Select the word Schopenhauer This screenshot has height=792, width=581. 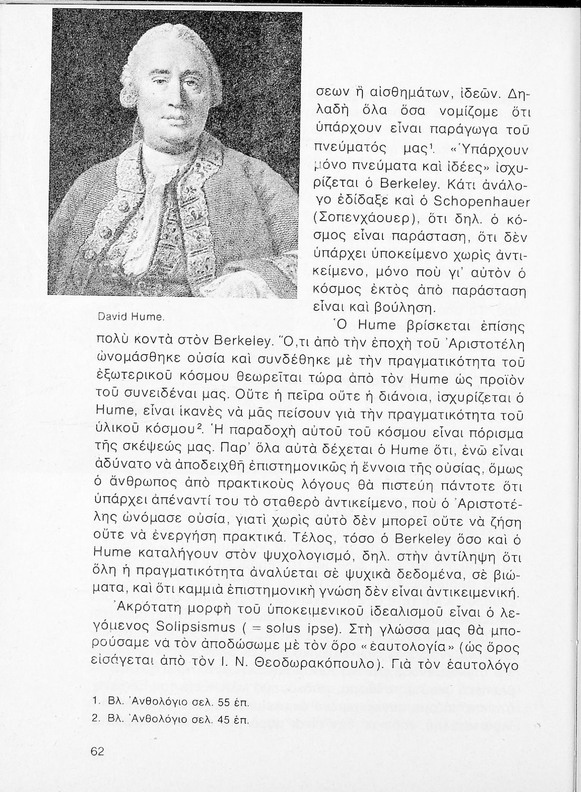[x=483, y=202]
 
